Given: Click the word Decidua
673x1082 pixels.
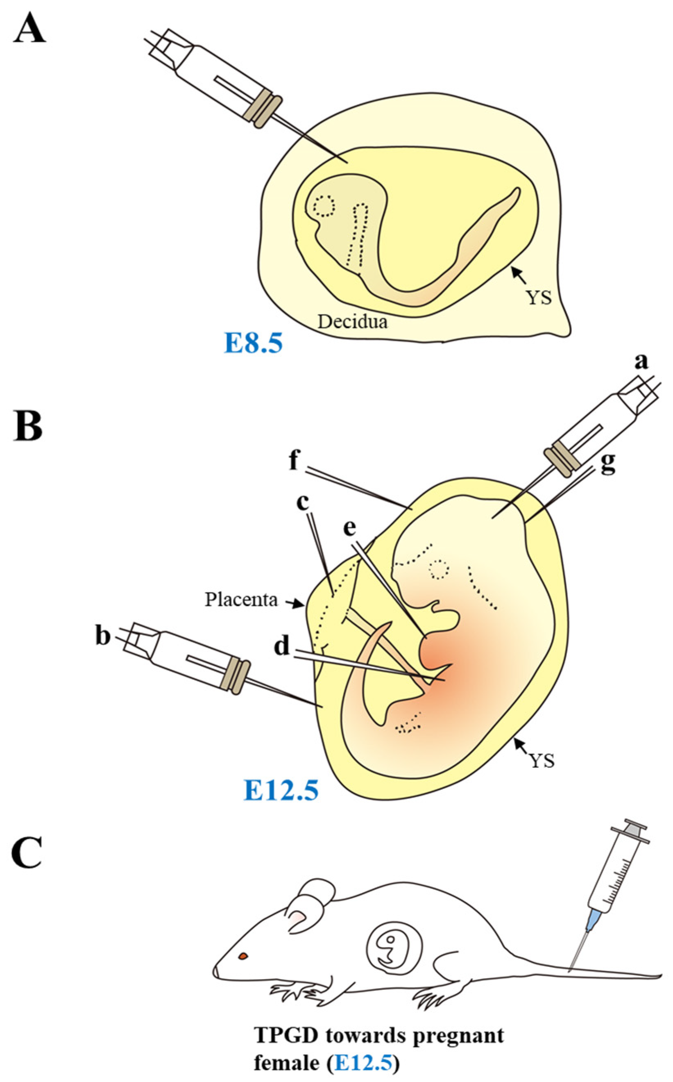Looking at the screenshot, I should point(352,321).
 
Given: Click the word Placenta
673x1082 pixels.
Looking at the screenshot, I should point(241,600).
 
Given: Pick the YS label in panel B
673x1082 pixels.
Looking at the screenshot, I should point(543,761).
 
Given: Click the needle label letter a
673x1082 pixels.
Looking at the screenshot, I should point(641,362).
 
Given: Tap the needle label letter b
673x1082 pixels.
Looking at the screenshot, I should point(103,637).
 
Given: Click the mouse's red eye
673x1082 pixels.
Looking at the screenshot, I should point(243,956).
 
